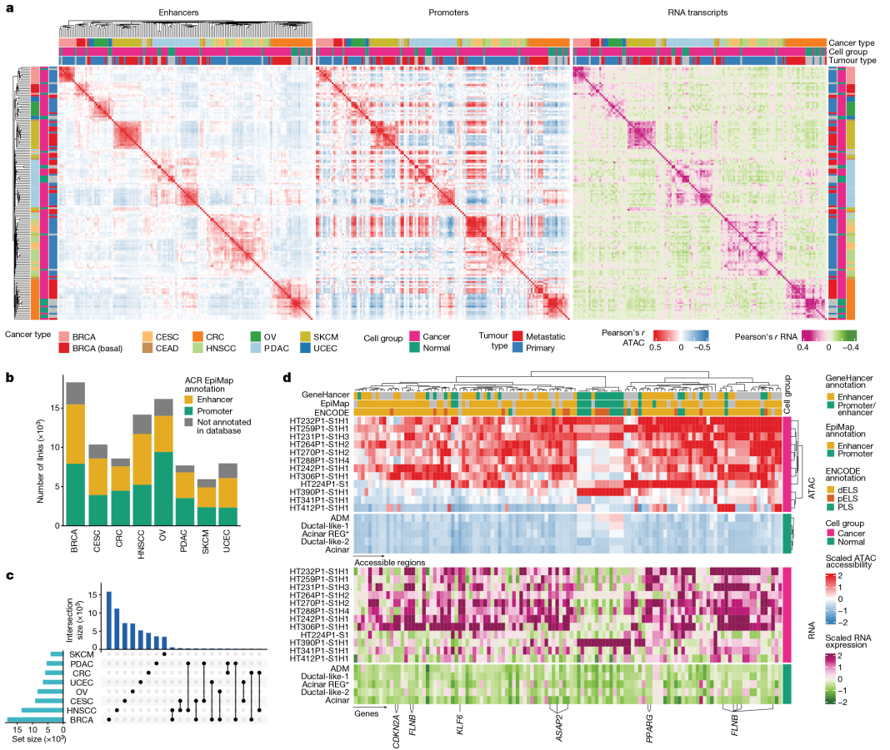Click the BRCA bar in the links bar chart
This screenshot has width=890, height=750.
(76, 454)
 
